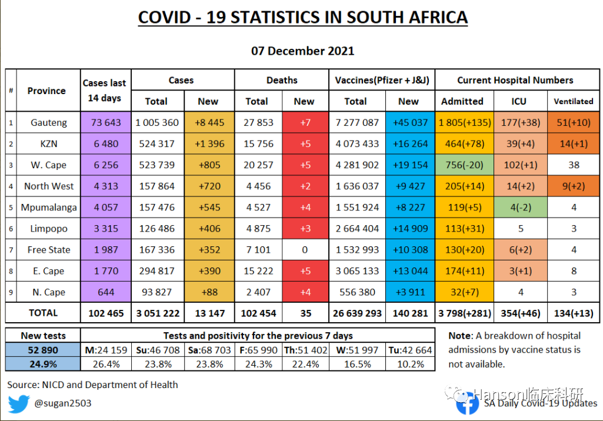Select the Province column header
46,91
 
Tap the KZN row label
49,144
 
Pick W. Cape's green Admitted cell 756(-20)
462,165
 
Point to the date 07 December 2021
302,51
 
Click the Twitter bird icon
19,404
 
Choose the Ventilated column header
574,101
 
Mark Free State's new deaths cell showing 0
305,250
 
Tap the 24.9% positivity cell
43,365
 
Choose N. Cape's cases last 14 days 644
106,292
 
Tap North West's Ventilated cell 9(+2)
574,186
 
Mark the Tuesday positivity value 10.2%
410,365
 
